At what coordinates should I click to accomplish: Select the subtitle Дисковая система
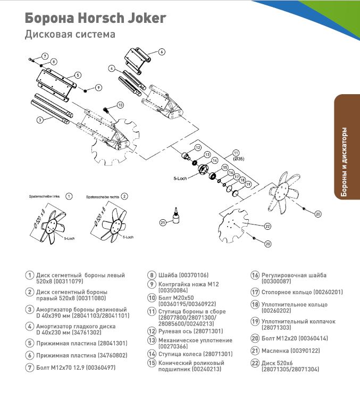coord(70,35)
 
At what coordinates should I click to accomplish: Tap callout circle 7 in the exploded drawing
coord(45,56)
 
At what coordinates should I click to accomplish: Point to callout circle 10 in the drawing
coord(120,105)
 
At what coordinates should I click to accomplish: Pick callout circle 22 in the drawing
coord(268,226)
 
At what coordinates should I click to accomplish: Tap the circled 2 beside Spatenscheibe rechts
coord(124,196)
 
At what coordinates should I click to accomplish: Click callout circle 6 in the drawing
coord(162,52)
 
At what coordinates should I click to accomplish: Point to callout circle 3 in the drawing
coord(39,120)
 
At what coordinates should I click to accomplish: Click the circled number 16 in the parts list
coord(255,275)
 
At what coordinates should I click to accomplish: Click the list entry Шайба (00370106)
coord(182,275)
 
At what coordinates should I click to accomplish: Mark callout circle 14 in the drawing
coord(215,160)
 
